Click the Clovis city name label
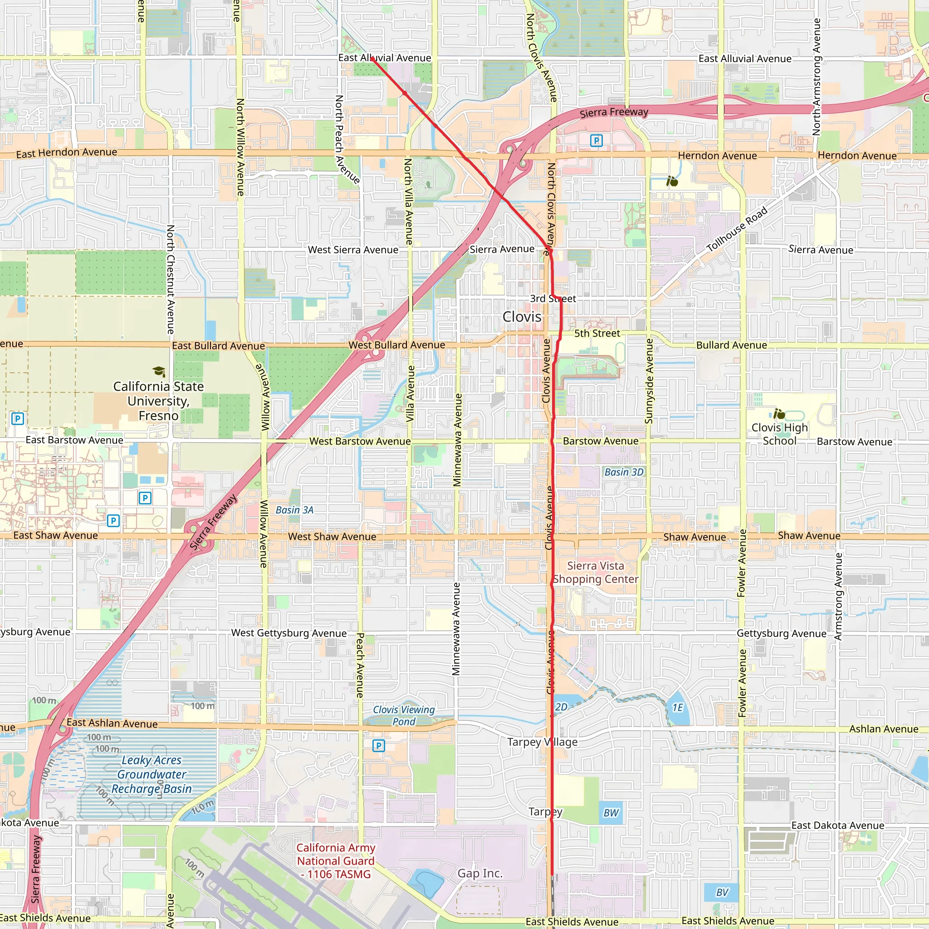[522, 317]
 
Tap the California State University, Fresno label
[158, 401]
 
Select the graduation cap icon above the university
[159, 372]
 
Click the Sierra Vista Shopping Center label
[595, 572]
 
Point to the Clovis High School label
[779, 434]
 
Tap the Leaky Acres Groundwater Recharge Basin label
[152, 774]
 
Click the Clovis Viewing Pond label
[403, 715]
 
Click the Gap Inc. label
[480, 873]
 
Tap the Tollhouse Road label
[737, 230]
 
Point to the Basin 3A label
[294, 510]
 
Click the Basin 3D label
[624, 472]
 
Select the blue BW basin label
[611, 812]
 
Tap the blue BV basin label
[722, 892]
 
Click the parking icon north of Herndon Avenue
[596, 141]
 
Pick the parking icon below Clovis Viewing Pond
[378, 746]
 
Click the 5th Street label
[597, 333]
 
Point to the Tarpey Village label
[543, 742]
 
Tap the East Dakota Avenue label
[838, 825]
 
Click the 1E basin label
[678, 707]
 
